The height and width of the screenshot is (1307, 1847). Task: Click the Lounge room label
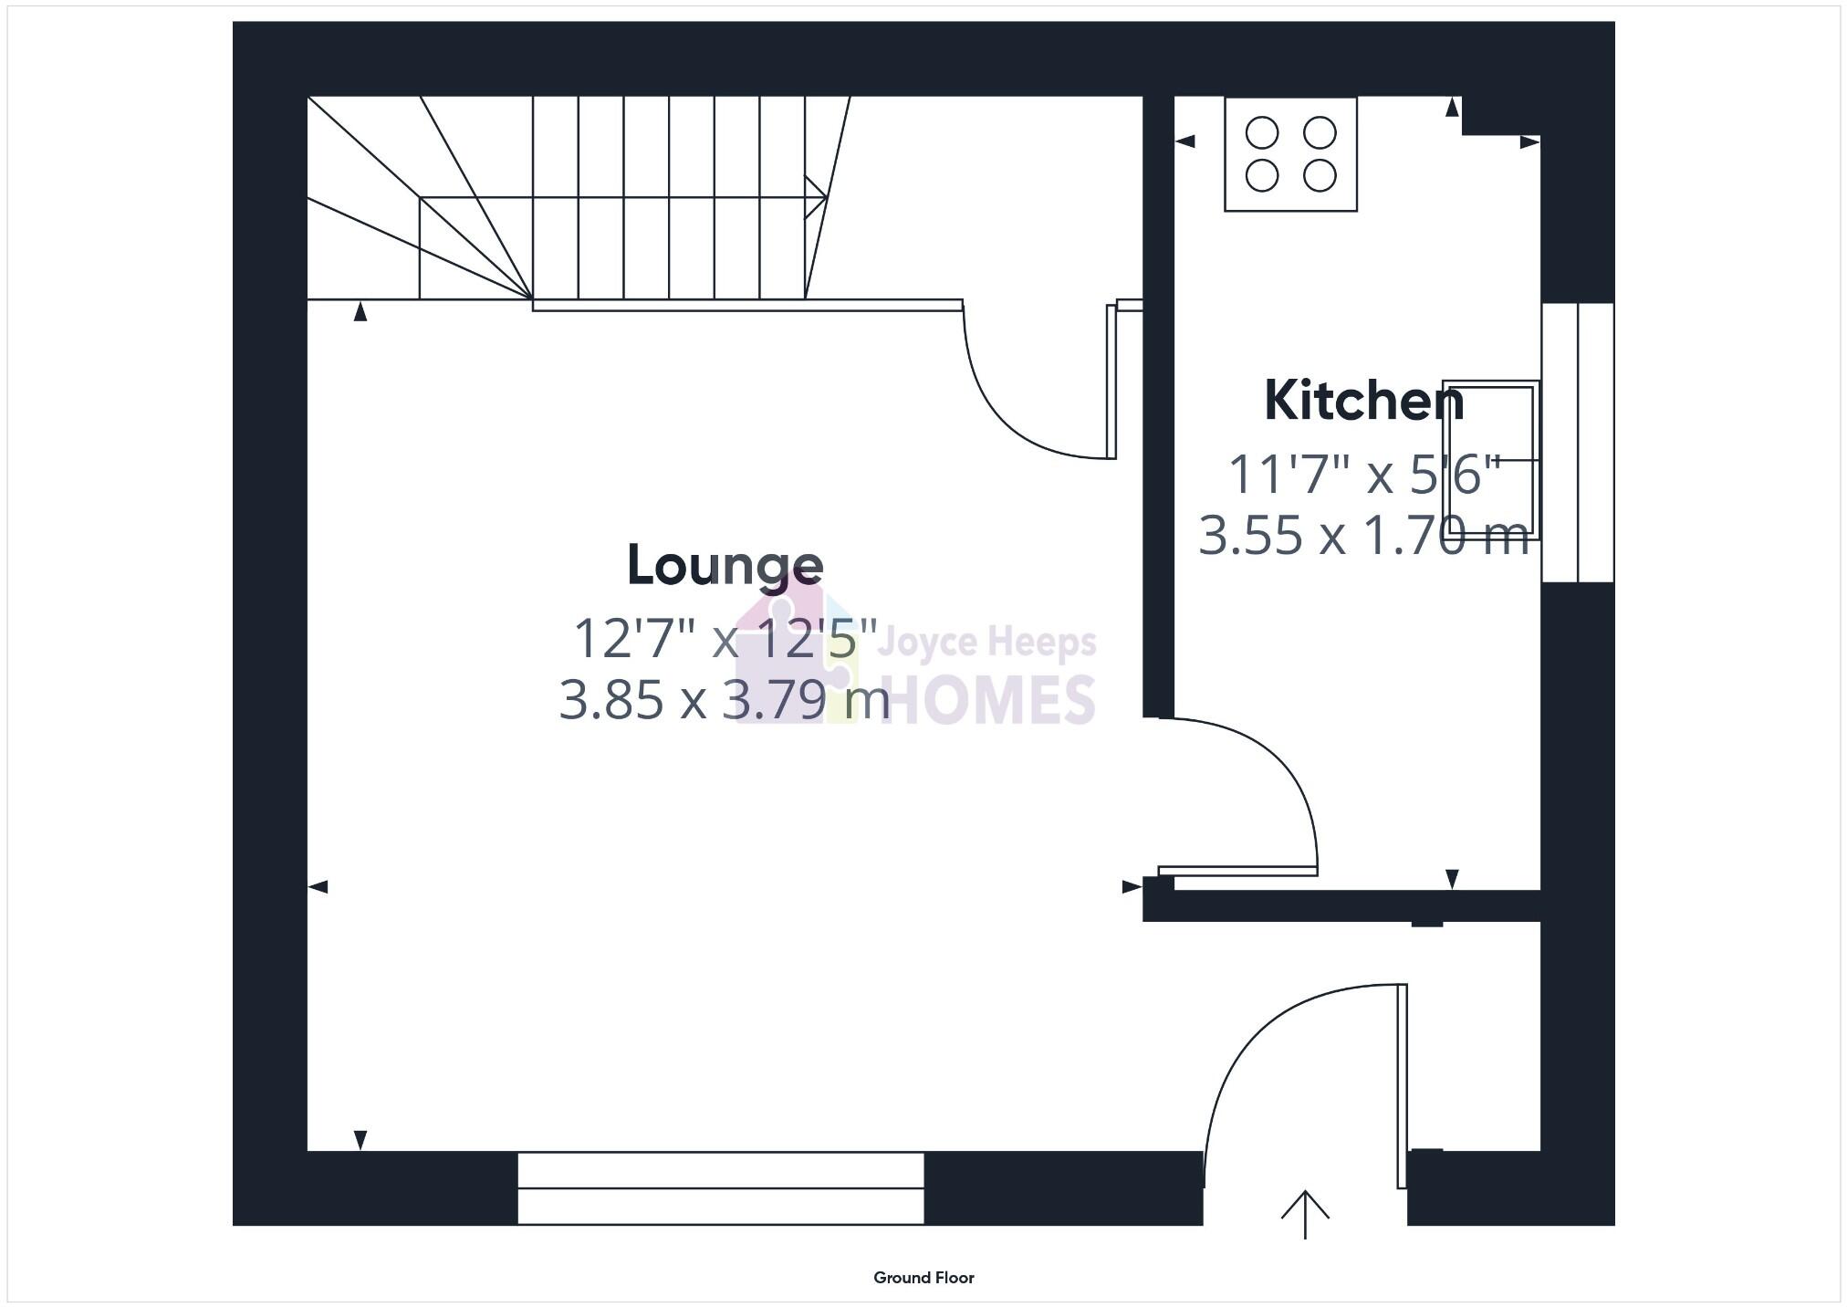[725, 566]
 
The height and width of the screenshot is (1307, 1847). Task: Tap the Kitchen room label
[1363, 402]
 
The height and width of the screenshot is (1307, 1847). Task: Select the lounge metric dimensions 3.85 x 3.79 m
[724, 700]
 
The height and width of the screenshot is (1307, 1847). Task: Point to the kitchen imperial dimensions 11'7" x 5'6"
[1363, 475]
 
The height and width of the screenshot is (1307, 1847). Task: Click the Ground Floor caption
[923, 1278]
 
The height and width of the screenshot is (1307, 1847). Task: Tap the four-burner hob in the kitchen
[1290, 154]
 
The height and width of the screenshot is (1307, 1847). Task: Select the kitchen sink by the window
[1491, 461]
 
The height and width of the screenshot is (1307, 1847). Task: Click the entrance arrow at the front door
[1305, 1214]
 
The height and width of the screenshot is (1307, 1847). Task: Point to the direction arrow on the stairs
[815, 197]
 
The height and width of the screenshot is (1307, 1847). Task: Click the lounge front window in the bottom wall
[721, 1187]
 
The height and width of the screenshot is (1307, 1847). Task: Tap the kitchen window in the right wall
[1578, 443]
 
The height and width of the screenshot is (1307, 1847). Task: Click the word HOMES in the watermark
[988, 701]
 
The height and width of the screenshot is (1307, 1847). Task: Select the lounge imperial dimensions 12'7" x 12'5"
[725, 639]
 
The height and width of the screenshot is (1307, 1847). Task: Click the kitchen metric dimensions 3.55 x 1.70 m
[1363, 536]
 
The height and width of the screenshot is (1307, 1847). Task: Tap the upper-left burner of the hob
[1262, 133]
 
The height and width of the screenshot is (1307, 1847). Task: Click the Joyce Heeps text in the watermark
[986, 643]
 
